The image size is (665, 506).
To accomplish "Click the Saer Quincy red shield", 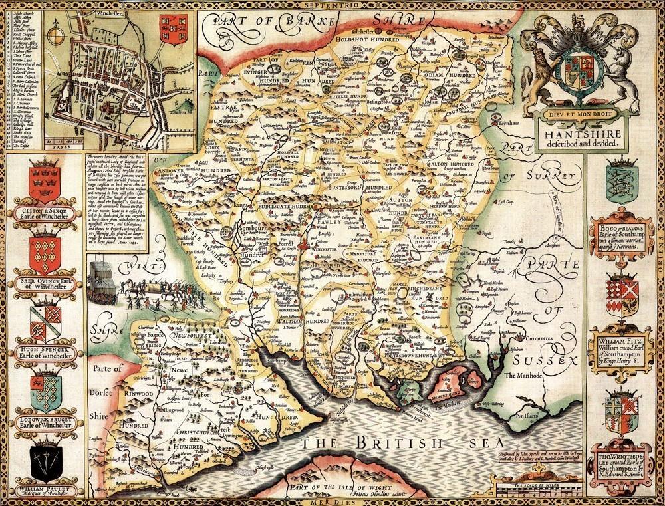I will point(45,253).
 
